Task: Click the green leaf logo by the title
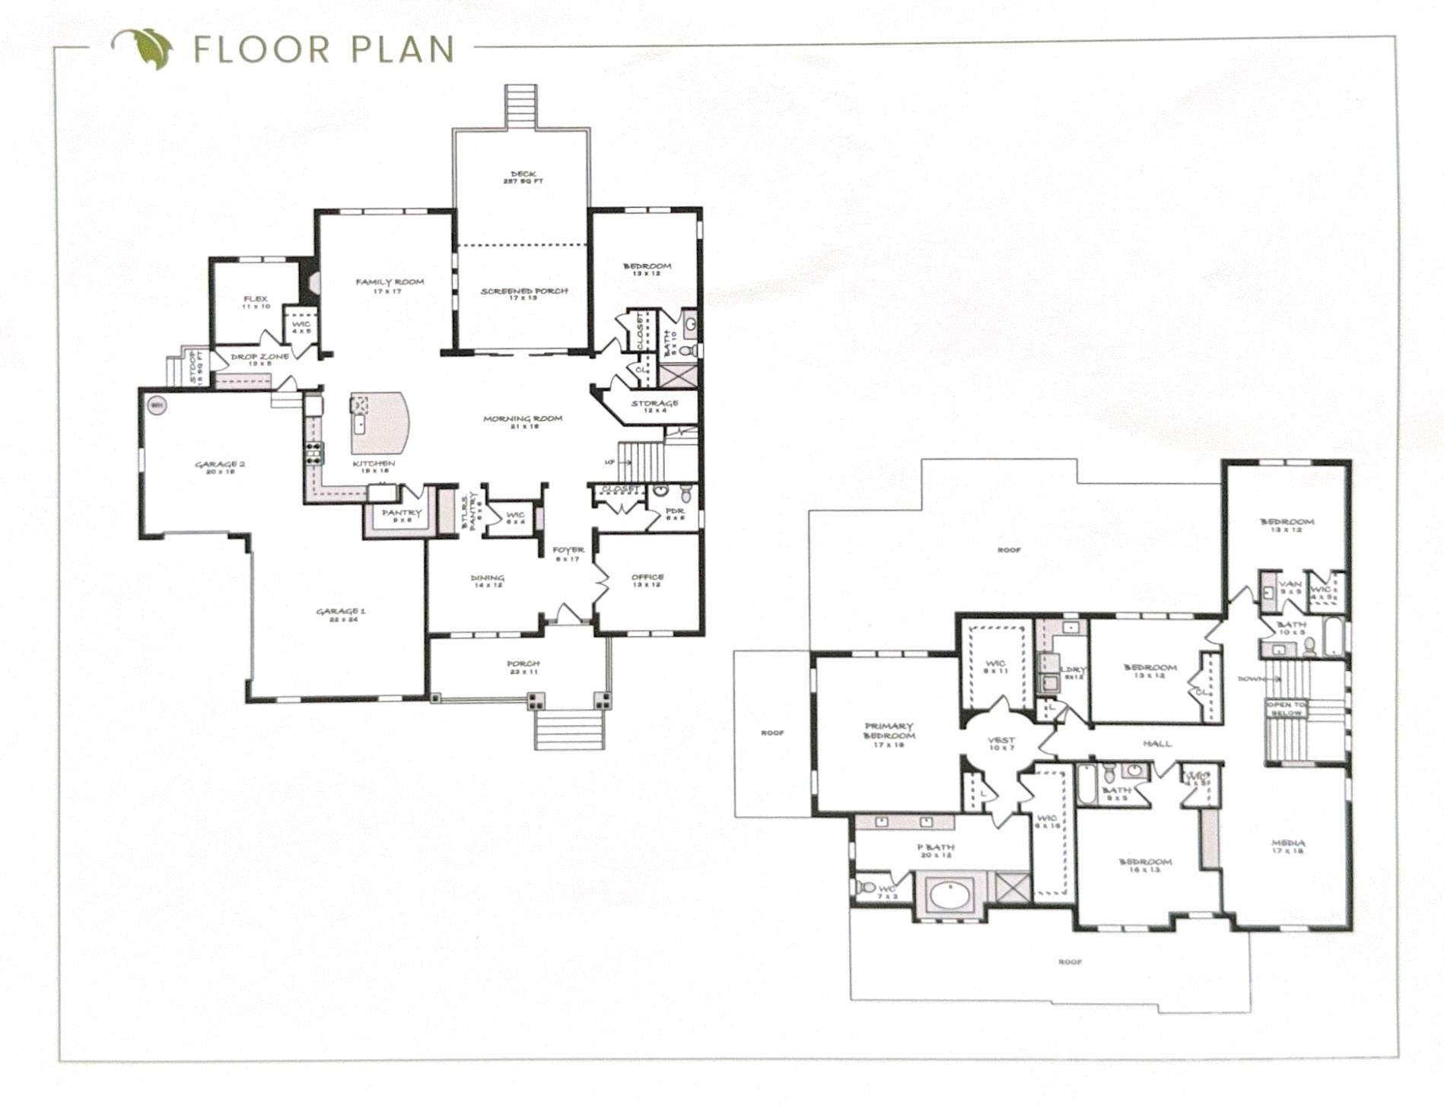[x=145, y=48]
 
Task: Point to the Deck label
[x=523, y=176]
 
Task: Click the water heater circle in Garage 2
[x=157, y=405]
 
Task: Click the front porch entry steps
[x=570, y=729]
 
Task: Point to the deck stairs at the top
[x=521, y=106]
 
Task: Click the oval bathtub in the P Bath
[x=949, y=895]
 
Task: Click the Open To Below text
[x=1286, y=709]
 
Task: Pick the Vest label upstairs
[x=1001, y=742]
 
